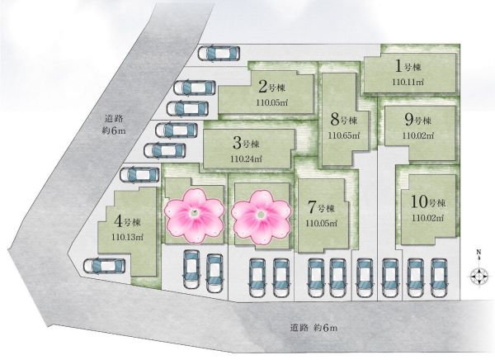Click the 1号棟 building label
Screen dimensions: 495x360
point(408,66)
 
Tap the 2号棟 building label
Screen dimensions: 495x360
point(271,87)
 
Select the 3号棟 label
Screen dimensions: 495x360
point(246,143)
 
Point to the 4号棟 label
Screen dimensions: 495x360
point(127,221)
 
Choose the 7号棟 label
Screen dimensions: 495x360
point(321,207)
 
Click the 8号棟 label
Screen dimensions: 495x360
point(344,120)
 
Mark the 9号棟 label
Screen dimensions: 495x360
point(417,120)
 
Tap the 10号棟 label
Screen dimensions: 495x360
point(428,201)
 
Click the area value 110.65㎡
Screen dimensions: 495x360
point(344,135)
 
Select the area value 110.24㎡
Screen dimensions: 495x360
point(246,159)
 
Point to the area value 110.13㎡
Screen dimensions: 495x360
point(127,237)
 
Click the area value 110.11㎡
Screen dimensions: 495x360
point(408,82)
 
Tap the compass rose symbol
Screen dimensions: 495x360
point(478,276)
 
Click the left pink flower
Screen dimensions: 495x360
point(195,216)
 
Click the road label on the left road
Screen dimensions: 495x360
point(114,125)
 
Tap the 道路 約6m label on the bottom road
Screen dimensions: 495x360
point(313,328)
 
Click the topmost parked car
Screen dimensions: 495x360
point(219,53)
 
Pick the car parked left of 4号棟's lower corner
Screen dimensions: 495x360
point(105,266)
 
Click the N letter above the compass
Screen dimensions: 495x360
point(478,252)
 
